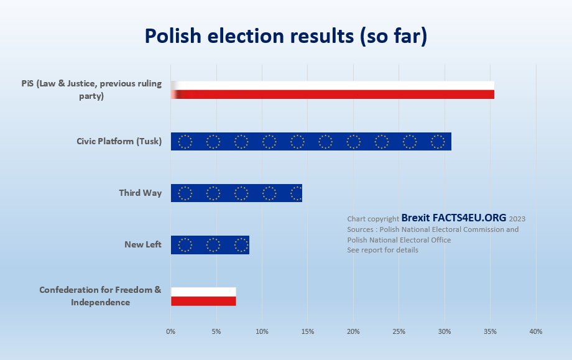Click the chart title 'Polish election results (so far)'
click(x=286, y=37)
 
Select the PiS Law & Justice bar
click(x=333, y=90)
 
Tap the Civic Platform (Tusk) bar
click(x=311, y=142)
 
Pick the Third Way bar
click(x=236, y=193)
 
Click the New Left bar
click(x=210, y=244)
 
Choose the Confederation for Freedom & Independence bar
click(x=203, y=297)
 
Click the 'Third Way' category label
click(x=141, y=193)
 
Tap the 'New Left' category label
click(x=143, y=244)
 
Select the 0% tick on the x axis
click(x=171, y=331)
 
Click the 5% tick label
click(x=216, y=331)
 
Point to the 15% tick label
click(x=308, y=331)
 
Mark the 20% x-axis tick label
click(x=353, y=331)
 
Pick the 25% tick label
click(x=399, y=331)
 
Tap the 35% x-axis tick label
click(x=490, y=331)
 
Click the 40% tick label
click(x=535, y=331)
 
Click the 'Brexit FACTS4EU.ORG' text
click(x=454, y=218)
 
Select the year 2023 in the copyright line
click(x=517, y=219)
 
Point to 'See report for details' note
click(x=382, y=250)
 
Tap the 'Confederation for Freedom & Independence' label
click(x=100, y=296)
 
